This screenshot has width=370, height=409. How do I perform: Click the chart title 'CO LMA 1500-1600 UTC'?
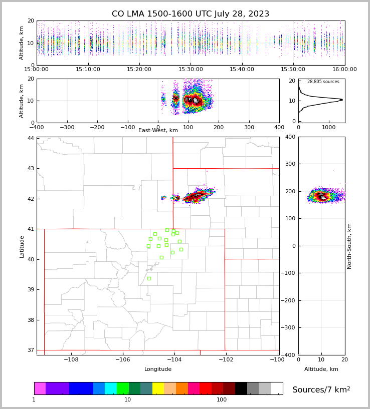click(x=191, y=14)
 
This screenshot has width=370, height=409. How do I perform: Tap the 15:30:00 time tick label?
click(x=191, y=70)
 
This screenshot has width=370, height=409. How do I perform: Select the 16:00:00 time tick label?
click(x=344, y=70)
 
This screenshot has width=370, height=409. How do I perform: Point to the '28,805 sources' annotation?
click(x=323, y=82)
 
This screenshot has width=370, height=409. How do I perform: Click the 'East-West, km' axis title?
click(x=158, y=131)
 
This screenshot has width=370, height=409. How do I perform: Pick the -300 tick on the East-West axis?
click(x=67, y=127)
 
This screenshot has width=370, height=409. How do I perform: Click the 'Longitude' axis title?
click(x=158, y=369)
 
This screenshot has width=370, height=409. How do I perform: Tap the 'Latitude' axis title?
click(x=22, y=246)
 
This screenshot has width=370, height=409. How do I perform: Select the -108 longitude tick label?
click(x=71, y=360)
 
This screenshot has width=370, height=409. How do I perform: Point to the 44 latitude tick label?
click(x=31, y=138)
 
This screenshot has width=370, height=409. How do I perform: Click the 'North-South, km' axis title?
click(x=350, y=246)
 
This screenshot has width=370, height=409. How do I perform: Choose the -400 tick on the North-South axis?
click(x=290, y=355)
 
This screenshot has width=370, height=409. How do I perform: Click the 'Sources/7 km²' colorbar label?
click(x=321, y=389)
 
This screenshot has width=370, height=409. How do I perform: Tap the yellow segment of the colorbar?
click(x=158, y=388)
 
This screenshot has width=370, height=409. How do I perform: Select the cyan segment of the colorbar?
click(x=111, y=388)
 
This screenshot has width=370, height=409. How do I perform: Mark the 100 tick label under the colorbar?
click(x=222, y=399)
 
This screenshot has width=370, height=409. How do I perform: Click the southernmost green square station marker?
click(x=149, y=278)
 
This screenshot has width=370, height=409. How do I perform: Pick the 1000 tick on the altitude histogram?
click(x=329, y=127)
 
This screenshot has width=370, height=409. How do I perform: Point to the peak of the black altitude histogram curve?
click(x=341, y=100)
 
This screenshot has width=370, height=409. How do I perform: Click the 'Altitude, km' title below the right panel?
click(x=321, y=369)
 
